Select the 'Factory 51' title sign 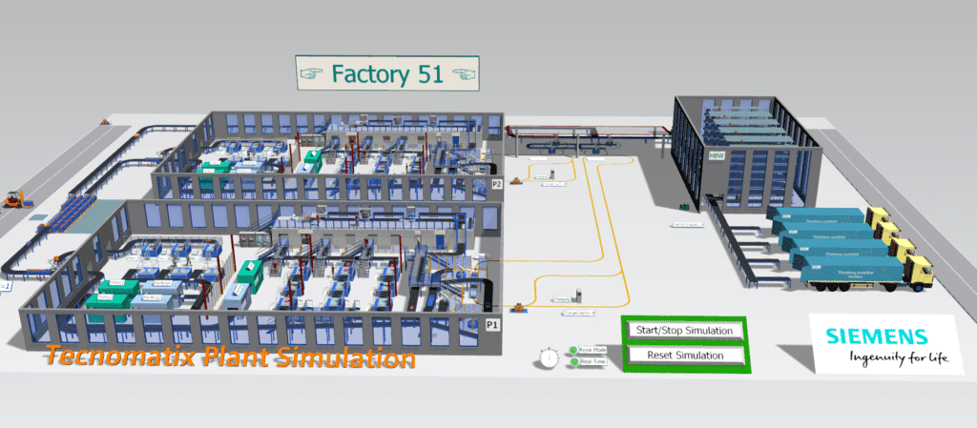[x=386, y=73]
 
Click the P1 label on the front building [x=493, y=325]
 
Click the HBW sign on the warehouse [x=717, y=156]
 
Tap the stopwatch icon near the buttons [x=548, y=357]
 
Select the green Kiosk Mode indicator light [x=572, y=351]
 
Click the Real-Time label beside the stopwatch [x=592, y=362]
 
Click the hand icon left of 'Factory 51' [x=313, y=73]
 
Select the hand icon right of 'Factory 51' [x=462, y=73]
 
